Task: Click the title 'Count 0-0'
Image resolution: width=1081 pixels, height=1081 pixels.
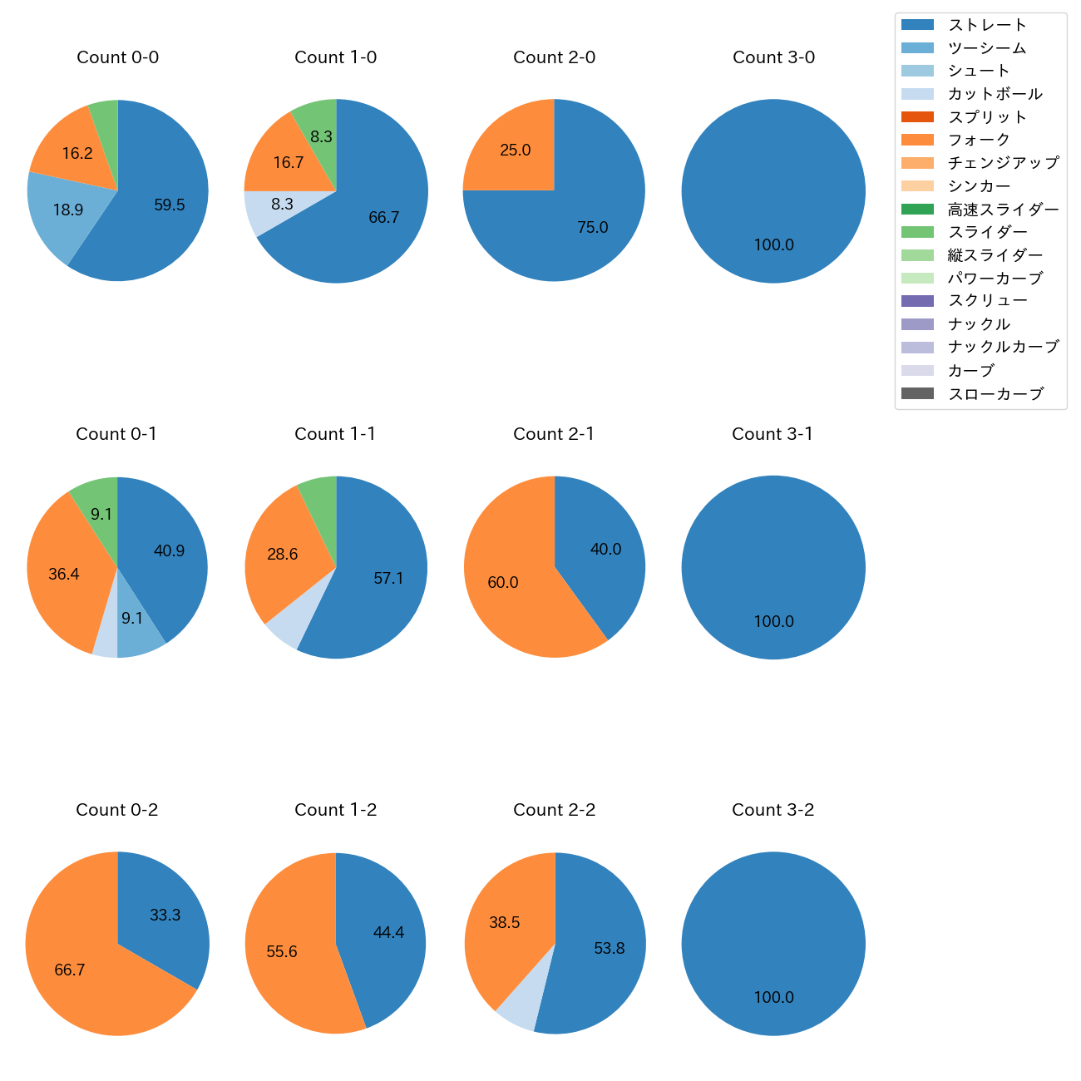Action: (117, 57)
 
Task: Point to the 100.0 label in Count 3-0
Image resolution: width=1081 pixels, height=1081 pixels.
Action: (773, 245)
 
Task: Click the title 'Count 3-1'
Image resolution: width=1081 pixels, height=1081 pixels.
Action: (772, 434)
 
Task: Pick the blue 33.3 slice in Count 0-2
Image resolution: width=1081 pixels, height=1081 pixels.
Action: (165, 915)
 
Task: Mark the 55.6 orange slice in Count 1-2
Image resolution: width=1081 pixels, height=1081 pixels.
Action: (283, 951)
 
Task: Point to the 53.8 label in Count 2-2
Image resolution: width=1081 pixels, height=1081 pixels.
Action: (610, 948)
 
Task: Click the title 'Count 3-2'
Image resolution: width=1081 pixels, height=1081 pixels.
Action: (772, 810)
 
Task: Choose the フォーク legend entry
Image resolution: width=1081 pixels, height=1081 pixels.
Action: (979, 140)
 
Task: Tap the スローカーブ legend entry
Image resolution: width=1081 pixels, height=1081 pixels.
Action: (995, 394)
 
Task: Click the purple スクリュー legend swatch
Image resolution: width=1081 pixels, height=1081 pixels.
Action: (917, 301)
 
